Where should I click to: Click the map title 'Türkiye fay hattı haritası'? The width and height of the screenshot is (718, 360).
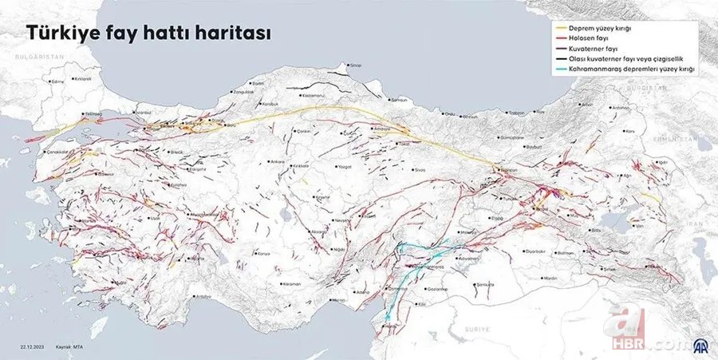pos(148,34)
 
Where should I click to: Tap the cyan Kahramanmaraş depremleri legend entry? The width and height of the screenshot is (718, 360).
pos(630,69)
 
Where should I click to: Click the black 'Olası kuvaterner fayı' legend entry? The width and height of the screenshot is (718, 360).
pos(630,59)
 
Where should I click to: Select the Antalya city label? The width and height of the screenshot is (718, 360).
pos(203,296)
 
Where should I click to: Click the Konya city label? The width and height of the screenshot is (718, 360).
pos(264,253)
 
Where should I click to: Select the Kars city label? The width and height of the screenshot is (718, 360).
pos(629,130)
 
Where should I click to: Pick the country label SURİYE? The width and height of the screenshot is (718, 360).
pos(476,328)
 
